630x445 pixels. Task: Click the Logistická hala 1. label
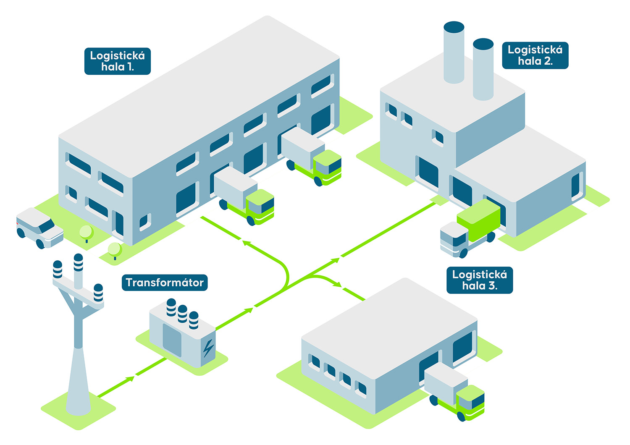(118, 61)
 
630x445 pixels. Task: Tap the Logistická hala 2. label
(535, 55)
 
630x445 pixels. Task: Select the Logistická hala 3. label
(480, 280)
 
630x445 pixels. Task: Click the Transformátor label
(165, 283)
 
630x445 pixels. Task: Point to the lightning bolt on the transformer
(208, 348)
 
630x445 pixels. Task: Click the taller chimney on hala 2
(454, 52)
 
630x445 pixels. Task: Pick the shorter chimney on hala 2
(483, 69)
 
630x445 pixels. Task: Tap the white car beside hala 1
(39, 228)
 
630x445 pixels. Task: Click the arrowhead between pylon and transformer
(130, 379)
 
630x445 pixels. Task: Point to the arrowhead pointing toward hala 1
(246, 242)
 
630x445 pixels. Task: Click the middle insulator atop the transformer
(182, 313)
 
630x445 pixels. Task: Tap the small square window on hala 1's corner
(145, 221)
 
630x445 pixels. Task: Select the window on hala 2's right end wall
(576, 186)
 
